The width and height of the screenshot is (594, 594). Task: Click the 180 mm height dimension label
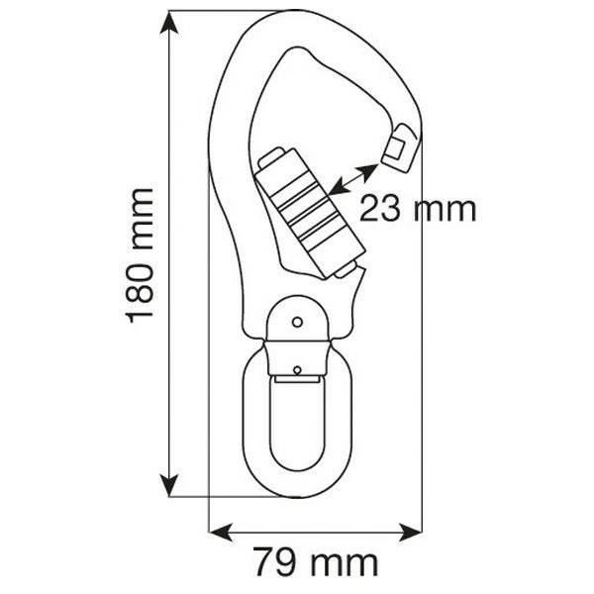(139, 255)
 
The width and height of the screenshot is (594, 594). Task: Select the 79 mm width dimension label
(316, 561)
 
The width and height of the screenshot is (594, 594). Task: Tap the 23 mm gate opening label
(418, 209)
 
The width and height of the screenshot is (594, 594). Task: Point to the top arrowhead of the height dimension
(169, 23)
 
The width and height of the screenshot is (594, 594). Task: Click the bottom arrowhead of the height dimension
(169, 484)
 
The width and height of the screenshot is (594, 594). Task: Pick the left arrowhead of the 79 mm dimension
(221, 532)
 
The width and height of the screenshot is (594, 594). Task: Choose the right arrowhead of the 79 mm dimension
(411, 532)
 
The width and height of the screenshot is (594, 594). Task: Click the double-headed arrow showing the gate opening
(353, 179)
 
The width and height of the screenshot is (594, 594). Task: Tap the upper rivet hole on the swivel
(298, 323)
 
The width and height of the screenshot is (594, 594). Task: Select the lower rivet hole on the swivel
(297, 369)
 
